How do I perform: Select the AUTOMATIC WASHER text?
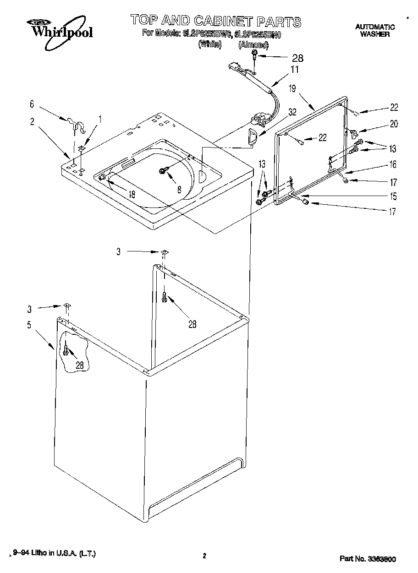374,31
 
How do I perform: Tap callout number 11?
295,70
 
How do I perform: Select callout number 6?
32,104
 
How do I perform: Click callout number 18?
132,194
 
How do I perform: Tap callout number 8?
180,189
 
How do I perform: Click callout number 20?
394,124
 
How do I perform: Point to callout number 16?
393,164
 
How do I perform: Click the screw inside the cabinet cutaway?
66,351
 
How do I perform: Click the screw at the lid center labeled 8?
162,170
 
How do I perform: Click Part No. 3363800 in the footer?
368,559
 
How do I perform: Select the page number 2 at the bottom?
204,557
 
